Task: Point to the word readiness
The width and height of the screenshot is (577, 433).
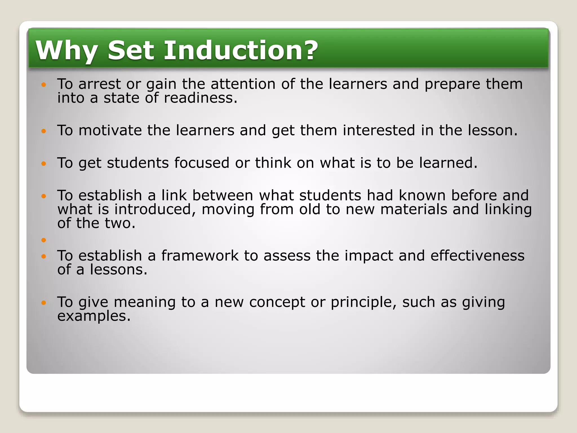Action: tap(200, 98)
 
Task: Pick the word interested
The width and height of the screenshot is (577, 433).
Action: tap(379, 131)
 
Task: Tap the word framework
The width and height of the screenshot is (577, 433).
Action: tap(200, 256)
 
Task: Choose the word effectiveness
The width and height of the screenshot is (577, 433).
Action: tap(477, 256)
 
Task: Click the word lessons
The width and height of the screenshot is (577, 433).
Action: tap(118, 270)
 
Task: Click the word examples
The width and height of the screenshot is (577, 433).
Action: tap(94, 316)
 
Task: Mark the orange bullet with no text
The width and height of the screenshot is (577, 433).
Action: tap(43, 240)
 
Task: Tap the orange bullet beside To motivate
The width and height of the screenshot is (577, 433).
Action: tap(43, 131)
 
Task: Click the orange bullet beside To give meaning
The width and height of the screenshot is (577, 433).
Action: tap(43, 303)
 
